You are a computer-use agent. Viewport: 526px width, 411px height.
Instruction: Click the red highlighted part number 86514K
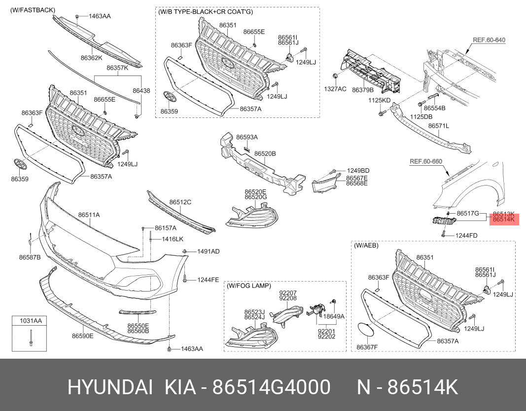click(x=503, y=220)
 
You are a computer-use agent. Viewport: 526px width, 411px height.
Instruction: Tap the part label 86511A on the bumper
click(x=89, y=215)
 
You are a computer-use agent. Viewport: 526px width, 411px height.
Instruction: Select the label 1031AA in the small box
click(x=31, y=321)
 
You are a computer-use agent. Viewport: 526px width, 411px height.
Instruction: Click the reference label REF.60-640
click(x=489, y=40)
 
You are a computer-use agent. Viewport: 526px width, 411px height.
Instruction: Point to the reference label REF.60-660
click(x=426, y=161)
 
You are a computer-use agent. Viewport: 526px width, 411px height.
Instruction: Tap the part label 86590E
click(x=82, y=336)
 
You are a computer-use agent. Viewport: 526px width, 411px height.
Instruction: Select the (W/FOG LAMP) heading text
click(x=249, y=286)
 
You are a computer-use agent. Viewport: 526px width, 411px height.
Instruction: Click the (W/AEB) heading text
click(x=366, y=245)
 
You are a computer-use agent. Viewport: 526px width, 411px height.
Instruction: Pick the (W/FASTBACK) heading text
click(x=33, y=10)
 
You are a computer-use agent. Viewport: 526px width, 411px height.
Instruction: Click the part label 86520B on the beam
click(x=265, y=154)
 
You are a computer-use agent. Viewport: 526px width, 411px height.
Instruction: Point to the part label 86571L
click(x=438, y=126)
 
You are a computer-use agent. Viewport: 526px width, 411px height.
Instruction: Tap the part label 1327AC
click(x=335, y=89)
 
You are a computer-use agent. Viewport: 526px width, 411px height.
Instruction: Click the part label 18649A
click(x=333, y=316)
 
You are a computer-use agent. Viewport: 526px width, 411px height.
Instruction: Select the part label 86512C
click(x=180, y=202)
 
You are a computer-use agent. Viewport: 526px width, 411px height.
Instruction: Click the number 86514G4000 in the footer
click(x=272, y=387)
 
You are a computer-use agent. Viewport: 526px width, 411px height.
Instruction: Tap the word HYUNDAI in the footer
click(x=110, y=387)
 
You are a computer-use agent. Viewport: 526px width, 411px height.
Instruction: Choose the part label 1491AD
click(x=209, y=252)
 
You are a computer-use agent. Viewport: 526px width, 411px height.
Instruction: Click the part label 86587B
click(x=30, y=257)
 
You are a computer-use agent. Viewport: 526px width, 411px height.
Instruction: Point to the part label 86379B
click(x=363, y=90)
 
